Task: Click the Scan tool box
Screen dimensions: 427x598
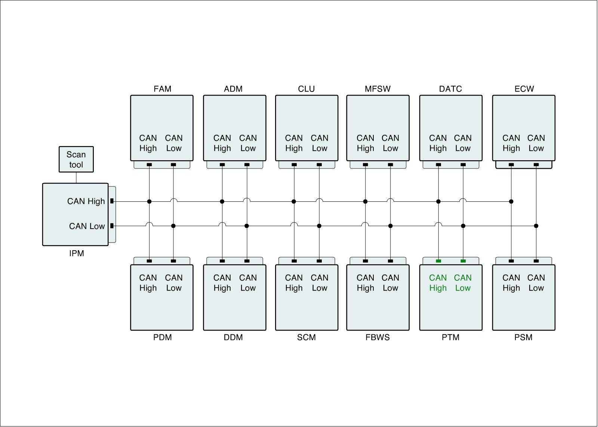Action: [x=76, y=160]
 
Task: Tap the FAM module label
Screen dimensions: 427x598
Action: [x=162, y=89]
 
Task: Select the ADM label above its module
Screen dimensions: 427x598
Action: [x=233, y=89]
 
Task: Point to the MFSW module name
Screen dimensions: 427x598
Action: [x=377, y=89]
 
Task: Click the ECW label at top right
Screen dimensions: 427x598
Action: [x=524, y=89]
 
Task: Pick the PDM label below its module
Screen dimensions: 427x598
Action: [x=162, y=337]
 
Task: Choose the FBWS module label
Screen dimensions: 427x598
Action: [x=377, y=337]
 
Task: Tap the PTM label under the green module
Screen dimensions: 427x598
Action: [x=450, y=337]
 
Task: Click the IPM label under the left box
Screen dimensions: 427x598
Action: [x=77, y=253]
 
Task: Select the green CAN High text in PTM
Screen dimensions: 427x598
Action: [x=438, y=283]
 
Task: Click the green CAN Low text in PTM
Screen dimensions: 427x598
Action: [x=463, y=283]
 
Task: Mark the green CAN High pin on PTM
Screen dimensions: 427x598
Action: [x=438, y=261]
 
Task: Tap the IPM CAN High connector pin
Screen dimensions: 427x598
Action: [x=112, y=201]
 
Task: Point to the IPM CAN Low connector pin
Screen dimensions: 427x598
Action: [x=112, y=226]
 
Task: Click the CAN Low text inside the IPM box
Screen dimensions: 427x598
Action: [x=87, y=226]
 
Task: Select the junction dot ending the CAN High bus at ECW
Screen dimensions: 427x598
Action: [x=511, y=201]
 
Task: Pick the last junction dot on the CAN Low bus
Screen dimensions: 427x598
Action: [x=536, y=226]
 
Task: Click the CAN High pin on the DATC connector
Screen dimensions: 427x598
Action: [x=438, y=165]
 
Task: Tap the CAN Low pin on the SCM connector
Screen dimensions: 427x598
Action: [x=319, y=261]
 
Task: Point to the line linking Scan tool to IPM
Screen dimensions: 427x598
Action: [x=76, y=178]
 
